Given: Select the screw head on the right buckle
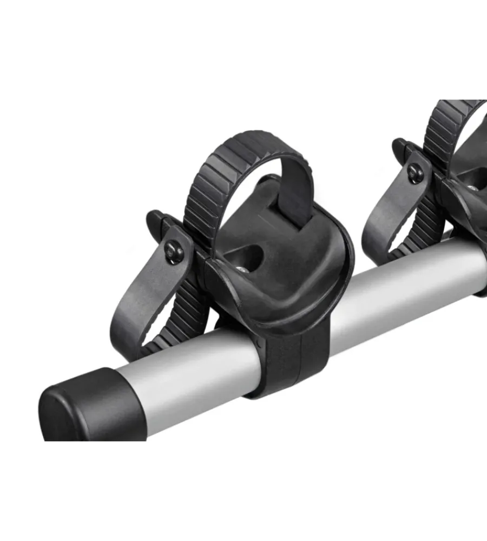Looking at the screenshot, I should [416, 174].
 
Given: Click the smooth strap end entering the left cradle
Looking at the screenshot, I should [295, 195].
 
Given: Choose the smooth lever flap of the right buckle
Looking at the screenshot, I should [387, 222].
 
